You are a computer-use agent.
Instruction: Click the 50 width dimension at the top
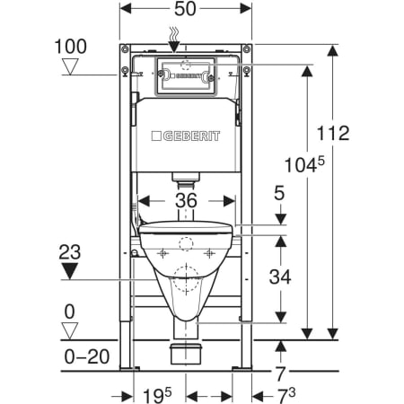[185, 9]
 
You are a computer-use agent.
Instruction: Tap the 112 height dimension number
[333, 133]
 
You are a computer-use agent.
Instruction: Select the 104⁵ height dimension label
[304, 164]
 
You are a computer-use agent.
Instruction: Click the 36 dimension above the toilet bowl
[186, 200]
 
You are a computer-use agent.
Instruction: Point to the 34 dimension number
[280, 277]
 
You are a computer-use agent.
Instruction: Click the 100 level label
[71, 47]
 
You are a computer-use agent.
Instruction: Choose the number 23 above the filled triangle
[70, 252]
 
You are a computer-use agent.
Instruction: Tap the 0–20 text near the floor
[87, 356]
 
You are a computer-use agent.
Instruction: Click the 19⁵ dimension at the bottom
[157, 395]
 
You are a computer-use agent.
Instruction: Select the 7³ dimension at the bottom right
[286, 395]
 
